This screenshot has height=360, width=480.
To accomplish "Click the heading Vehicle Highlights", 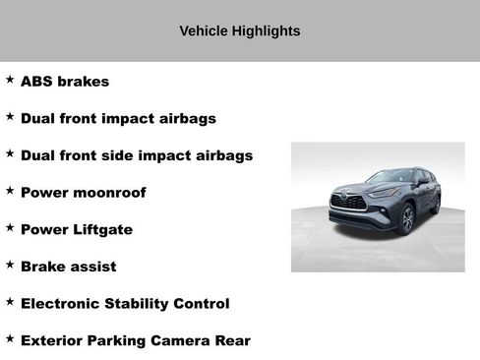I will tap(240, 30).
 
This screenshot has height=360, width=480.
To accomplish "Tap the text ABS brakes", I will tap(65, 82).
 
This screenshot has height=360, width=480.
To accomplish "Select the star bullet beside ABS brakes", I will tap(10, 80).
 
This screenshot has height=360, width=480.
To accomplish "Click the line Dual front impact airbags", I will tap(118, 118).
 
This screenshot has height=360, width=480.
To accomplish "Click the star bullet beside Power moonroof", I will tap(10, 191).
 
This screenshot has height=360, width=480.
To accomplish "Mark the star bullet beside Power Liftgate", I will tap(10, 227).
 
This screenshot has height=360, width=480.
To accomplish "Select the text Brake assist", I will tap(68, 267).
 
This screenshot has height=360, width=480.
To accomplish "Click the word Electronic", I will tap(61, 303).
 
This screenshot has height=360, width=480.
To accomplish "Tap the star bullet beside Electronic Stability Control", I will tap(10, 301).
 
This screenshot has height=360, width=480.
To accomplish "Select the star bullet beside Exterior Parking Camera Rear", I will tap(10, 338).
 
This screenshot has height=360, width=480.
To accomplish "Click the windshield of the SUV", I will tap(389, 178).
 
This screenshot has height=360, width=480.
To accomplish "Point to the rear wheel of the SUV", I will tap(436, 204).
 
